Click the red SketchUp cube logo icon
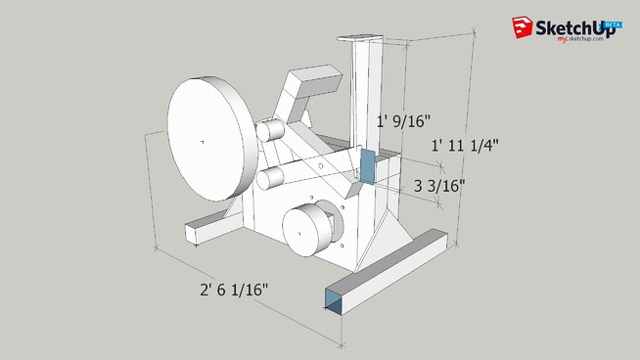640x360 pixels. tap(519, 28)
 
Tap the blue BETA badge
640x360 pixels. tap(614, 23)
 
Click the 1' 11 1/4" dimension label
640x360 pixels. tap(466, 145)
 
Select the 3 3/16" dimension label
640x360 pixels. tap(438, 184)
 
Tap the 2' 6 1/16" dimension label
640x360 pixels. tap(233, 290)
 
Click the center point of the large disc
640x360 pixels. tap(202, 144)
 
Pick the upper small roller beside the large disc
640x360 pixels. tap(271, 129)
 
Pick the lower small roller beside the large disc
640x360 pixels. tap(271, 177)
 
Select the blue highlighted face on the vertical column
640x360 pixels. tap(368, 167)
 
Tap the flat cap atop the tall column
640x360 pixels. tap(358, 38)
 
